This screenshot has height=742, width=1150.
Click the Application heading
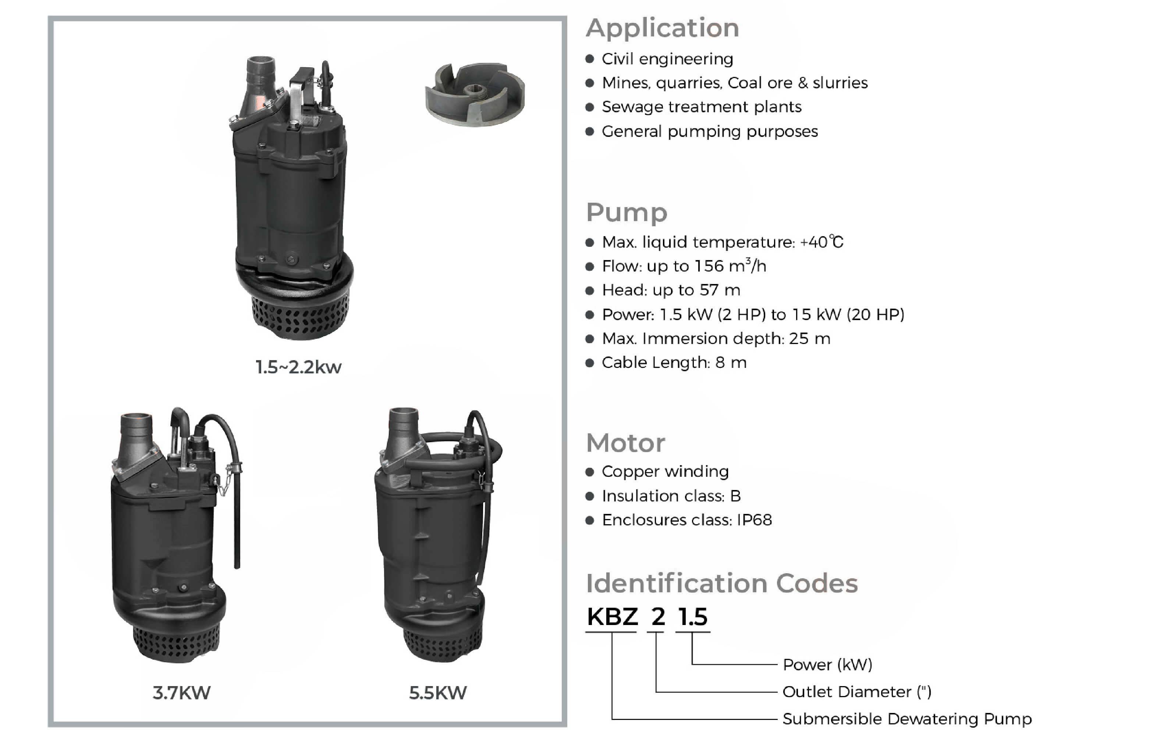(x=663, y=28)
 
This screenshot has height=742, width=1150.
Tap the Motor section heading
(x=625, y=443)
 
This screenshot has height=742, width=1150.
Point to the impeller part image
(x=475, y=94)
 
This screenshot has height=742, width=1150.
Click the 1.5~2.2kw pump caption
(x=298, y=367)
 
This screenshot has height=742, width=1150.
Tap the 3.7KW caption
(x=182, y=693)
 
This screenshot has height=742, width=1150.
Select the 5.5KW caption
(x=438, y=693)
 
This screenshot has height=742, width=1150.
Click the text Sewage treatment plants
(x=702, y=107)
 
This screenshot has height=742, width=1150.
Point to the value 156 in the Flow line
(x=709, y=266)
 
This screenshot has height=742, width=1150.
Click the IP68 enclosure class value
(x=755, y=520)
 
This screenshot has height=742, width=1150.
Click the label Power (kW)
(x=828, y=665)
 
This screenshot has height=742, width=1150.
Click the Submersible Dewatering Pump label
(x=907, y=719)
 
